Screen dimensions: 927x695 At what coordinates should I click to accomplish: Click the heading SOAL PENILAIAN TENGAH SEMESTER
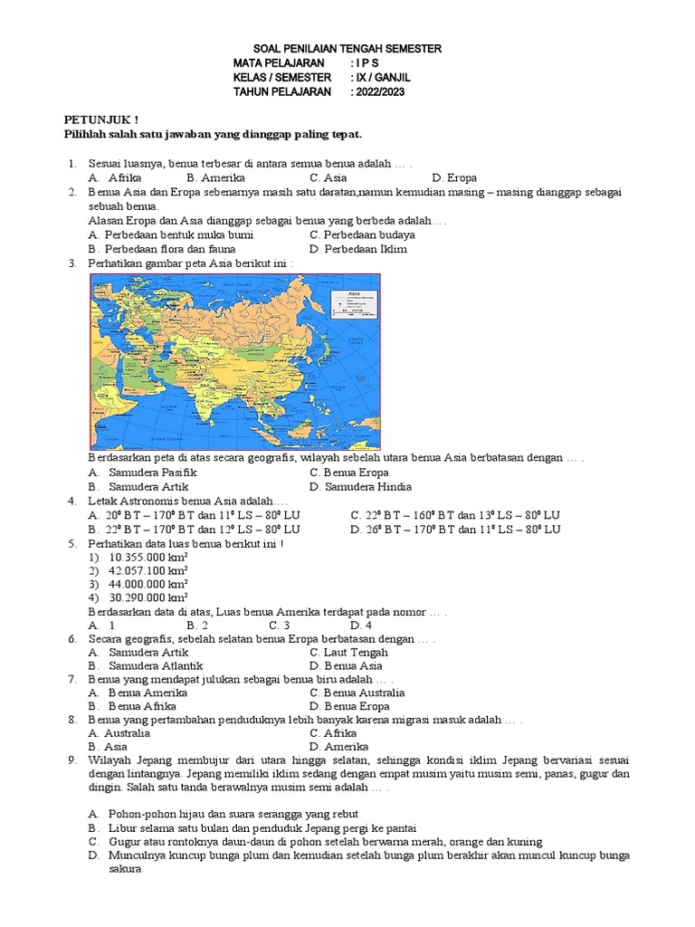[346, 48]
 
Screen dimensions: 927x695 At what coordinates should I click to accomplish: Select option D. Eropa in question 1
[454, 178]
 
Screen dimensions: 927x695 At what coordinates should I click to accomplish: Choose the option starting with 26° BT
[456, 529]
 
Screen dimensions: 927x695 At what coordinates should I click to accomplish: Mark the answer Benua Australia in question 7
[357, 693]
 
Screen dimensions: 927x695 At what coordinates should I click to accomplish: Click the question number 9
[71, 760]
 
